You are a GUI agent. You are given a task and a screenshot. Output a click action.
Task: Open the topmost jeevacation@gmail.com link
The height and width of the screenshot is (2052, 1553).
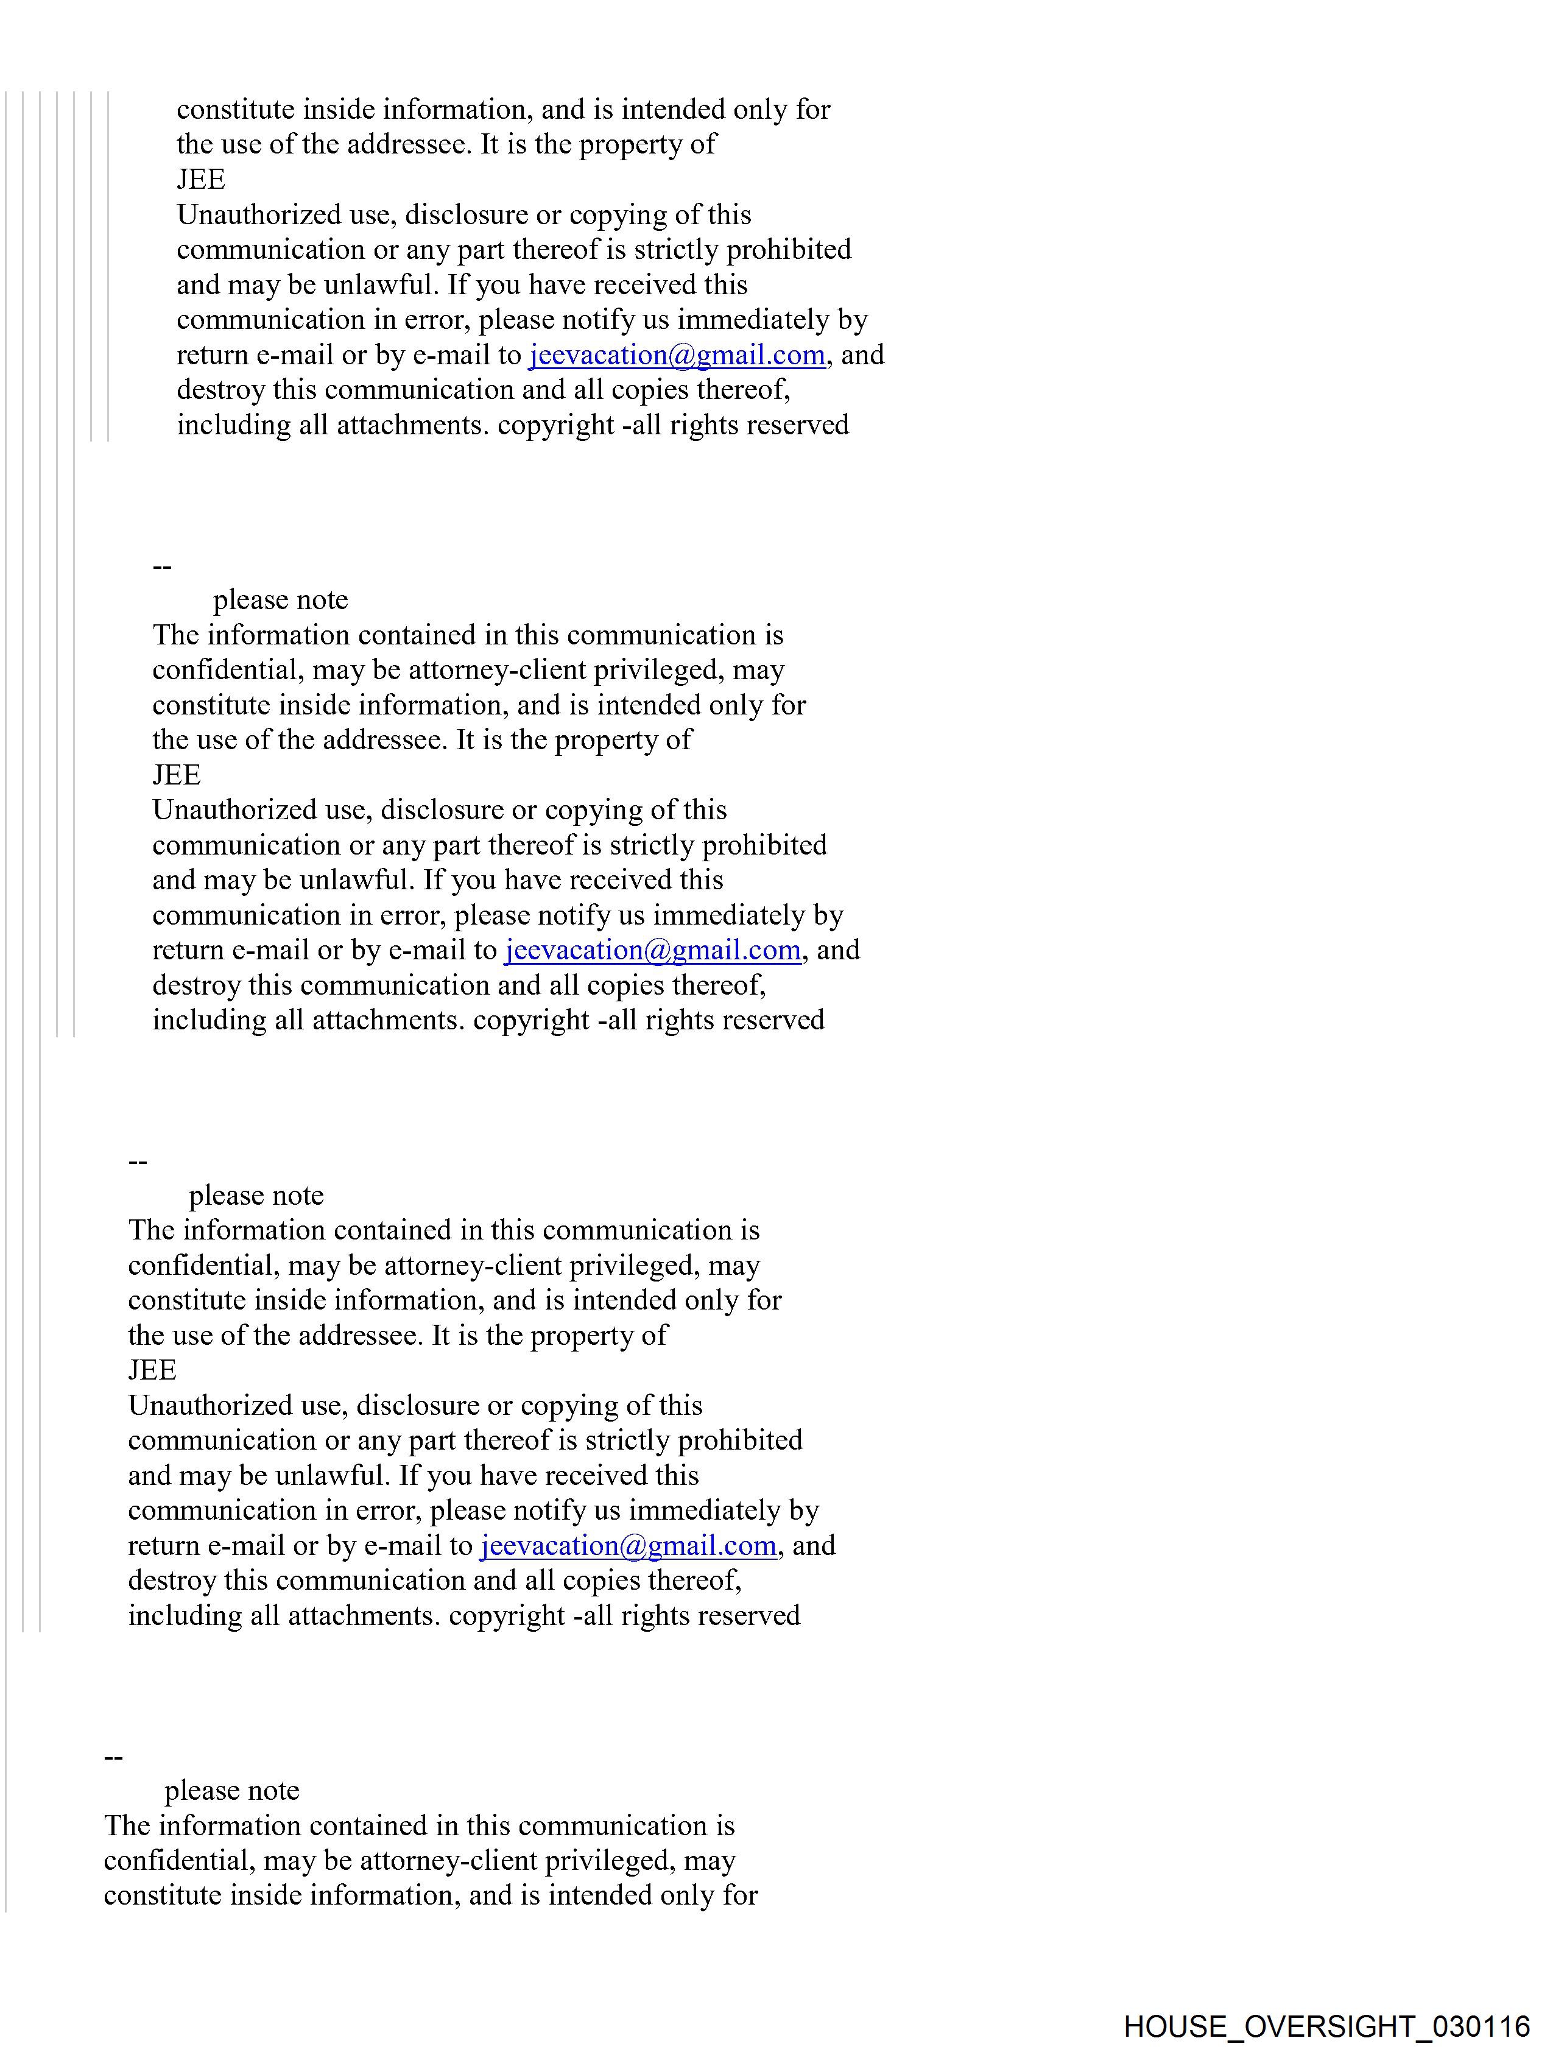677,355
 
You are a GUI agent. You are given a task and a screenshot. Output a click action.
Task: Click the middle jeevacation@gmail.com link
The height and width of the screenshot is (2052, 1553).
653,950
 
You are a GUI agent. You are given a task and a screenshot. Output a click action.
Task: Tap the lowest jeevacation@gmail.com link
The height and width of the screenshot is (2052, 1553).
628,1545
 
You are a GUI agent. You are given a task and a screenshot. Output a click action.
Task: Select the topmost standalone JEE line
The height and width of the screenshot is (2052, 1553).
200,179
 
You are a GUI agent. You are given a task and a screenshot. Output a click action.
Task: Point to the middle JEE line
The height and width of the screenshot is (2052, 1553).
176,775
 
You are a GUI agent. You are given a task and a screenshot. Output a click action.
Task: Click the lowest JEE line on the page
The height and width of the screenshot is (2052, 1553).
152,1370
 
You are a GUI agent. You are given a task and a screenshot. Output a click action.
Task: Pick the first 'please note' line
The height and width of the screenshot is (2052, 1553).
280,600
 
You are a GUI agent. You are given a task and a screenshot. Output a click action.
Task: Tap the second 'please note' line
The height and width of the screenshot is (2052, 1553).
256,1196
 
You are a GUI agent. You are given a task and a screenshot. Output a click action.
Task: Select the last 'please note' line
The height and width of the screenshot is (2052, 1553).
232,1790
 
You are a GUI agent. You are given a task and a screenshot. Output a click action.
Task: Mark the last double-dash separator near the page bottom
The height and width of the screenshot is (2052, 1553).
113,1756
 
